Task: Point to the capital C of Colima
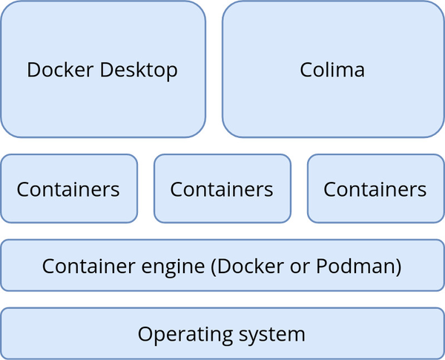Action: (x=306, y=71)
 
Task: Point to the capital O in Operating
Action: (x=145, y=333)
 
